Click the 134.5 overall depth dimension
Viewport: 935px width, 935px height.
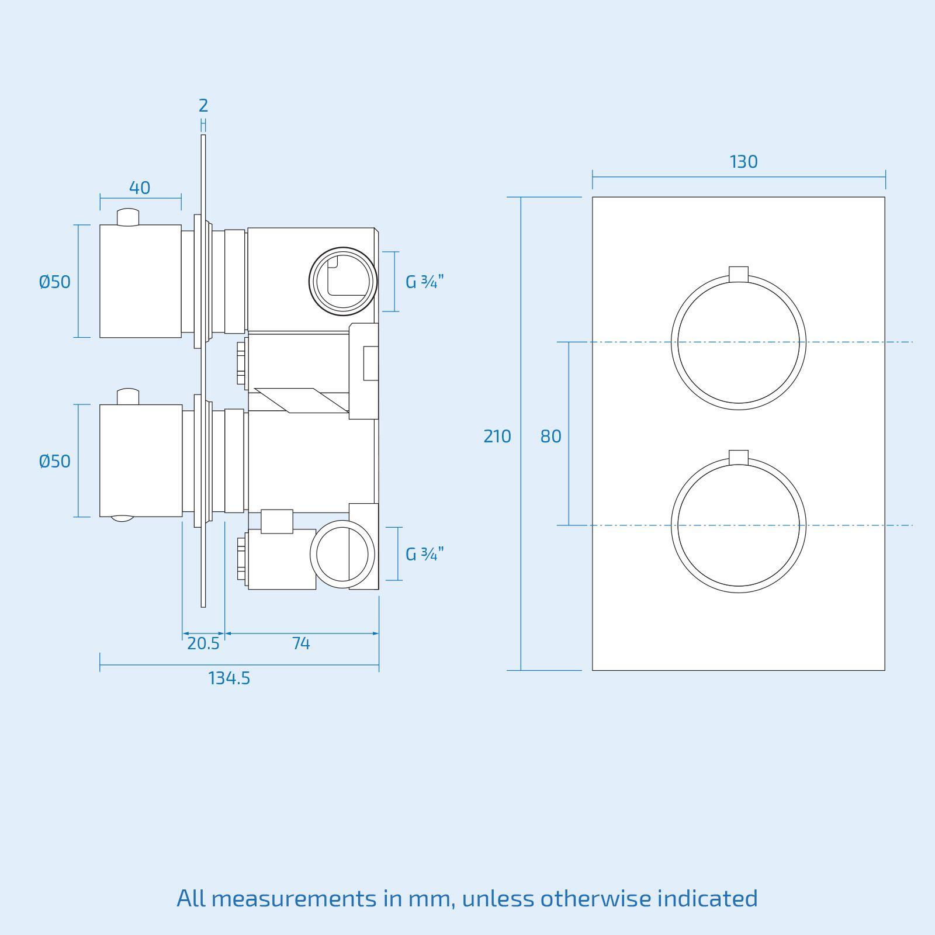click(x=229, y=678)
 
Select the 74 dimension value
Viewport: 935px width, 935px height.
click(x=300, y=643)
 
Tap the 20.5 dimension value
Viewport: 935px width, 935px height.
click(x=203, y=643)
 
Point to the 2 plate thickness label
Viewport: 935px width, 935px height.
click(x=203, y=106)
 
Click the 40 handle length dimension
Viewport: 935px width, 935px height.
click(x=140, y=188)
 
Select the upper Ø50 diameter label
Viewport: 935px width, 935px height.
click(x=54, y=282)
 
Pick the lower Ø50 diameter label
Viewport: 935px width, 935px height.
click(x=54, y=462)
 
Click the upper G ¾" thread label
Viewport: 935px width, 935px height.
click(x=425, y=282)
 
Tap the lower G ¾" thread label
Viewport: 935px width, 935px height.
click(x=425, y=554)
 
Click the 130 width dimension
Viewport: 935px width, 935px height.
click(x=743, y=162)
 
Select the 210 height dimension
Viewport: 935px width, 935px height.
click(x=497, y=437)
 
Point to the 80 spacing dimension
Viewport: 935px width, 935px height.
click(x=550, y=437)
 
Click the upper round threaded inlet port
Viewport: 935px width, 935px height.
click(x=343, y=281)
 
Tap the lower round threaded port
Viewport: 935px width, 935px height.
click(x=342, y=555)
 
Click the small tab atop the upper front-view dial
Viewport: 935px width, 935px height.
click(x=739, y=273)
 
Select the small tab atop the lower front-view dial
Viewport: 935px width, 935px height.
click(x=739, y=457)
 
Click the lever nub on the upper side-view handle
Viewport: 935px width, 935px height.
click(x=129, y=217)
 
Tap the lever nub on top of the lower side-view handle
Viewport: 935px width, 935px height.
click(x=129, y=397)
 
